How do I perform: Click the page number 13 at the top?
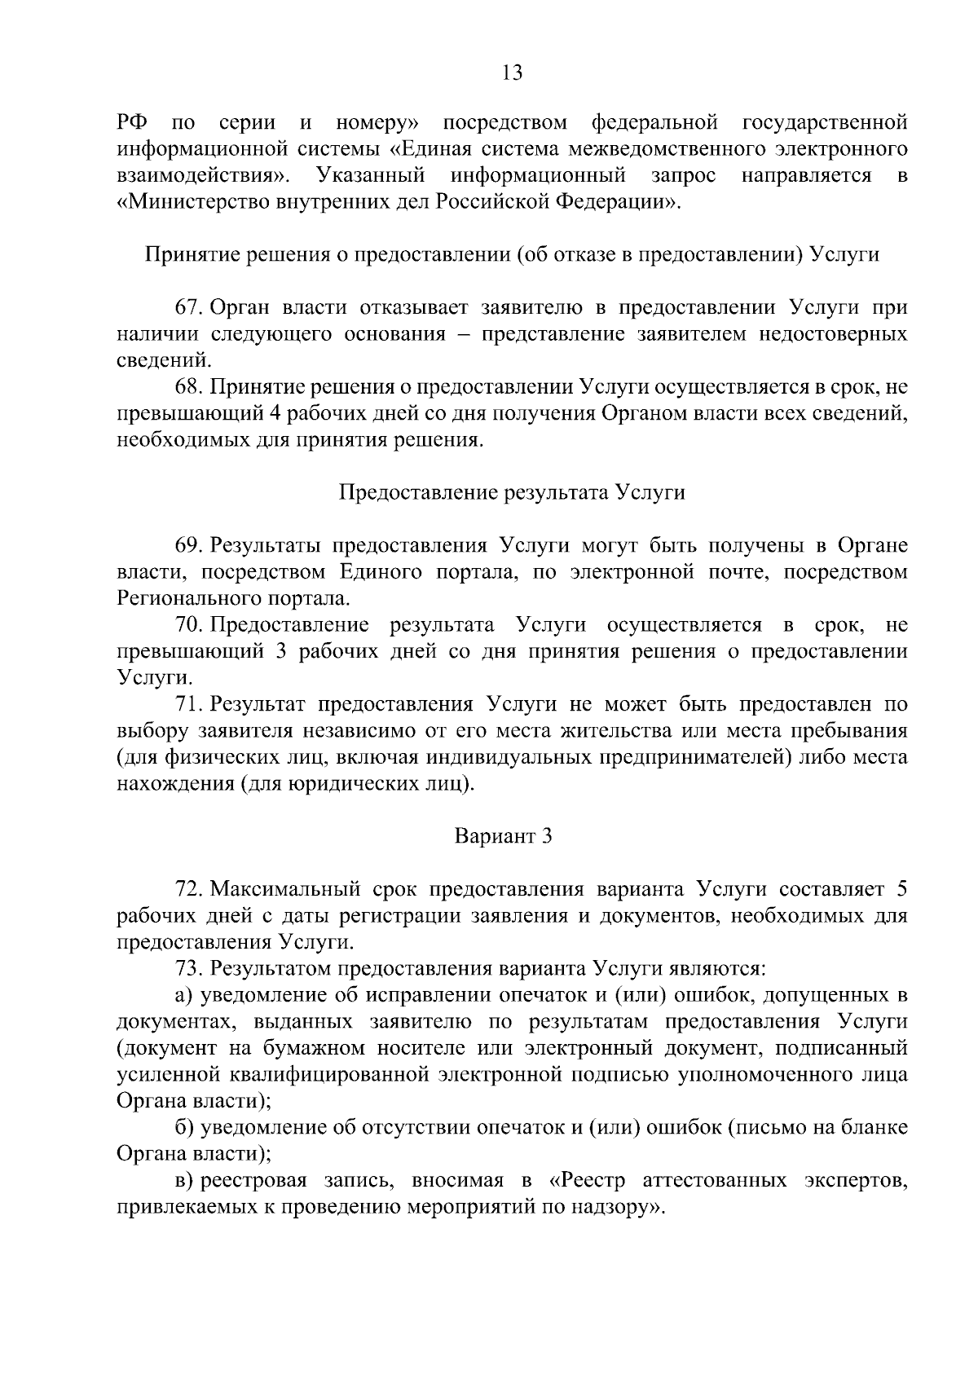click(x=512, y=73)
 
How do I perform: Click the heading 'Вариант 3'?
click(x=503, y=836)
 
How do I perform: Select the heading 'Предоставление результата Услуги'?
click(x=511, y=492)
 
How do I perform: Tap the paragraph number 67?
click(x=187, y=308)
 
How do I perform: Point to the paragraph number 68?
click(x=187, y=387)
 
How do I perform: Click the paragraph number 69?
click(x=187, y=546)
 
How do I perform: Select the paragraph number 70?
click(x=187, y=625)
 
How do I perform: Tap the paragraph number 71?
click(x=187, y=704)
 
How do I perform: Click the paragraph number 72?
click(x=187, y=889)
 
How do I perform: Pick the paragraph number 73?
click(x=187, y=968)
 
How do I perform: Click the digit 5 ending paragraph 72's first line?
click(x=901, y=889)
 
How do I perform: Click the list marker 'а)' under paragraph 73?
click(x=183, y=995)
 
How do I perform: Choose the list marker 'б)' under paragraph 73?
click(x=183, y=1127)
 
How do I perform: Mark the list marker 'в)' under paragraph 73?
click(x=183, y=1180)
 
